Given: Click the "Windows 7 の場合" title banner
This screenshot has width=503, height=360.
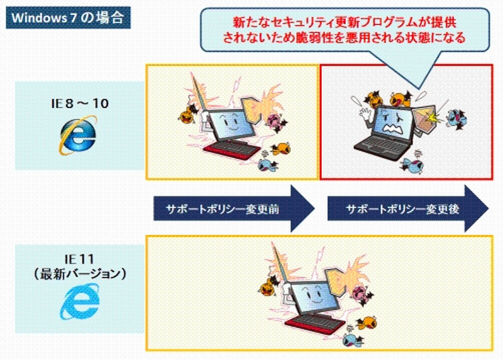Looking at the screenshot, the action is [69, 18].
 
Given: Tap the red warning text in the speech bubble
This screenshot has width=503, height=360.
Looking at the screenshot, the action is [344, 30].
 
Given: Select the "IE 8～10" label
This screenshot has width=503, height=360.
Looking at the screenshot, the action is [80, 104].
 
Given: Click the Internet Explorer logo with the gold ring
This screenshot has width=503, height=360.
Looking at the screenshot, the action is [78, 135].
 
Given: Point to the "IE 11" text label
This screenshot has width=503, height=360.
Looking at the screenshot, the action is [79, 259].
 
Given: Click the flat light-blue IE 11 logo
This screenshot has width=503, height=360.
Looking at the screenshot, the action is [80, 302].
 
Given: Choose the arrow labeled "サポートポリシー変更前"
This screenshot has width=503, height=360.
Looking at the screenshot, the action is [233, 209].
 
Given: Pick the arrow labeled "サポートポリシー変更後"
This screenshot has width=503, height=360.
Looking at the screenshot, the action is [407, 209].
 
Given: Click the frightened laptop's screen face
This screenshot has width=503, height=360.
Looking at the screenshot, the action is [394, 123].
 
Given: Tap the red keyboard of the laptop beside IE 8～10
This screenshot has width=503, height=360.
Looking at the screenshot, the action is [232, 150].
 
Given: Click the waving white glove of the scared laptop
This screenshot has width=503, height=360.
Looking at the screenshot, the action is [364, 113].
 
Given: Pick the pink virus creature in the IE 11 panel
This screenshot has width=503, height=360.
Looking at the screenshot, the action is [362, 295].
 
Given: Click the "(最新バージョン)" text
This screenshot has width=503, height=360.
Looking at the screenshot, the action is [80, 274].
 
